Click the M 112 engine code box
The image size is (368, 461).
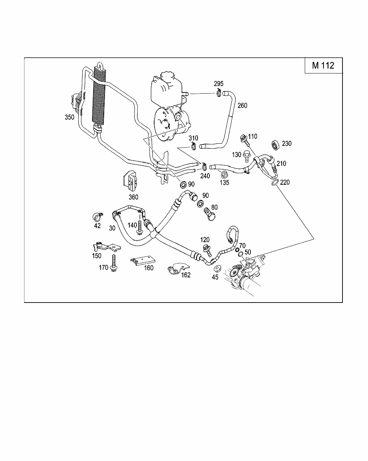pos(323,65)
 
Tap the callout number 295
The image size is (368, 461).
pos(218,84)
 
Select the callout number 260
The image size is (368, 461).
pos(242,106)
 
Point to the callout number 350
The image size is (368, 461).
pos(69,117)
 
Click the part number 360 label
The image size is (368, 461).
pos(133,197)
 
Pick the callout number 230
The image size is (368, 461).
pos(287,143)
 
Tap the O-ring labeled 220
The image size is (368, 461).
pos(274,183)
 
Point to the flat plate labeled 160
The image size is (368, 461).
pos(143,261)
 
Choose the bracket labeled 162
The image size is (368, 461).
pos(177,268)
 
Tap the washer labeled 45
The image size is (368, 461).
pos(217,269)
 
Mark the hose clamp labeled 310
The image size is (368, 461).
pos(194,146)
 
